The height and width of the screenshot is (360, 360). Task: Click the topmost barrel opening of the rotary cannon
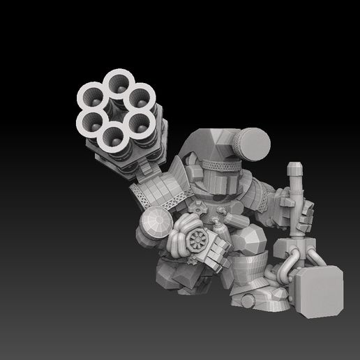(117, 84)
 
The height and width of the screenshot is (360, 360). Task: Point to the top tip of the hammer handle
(294, 167)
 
